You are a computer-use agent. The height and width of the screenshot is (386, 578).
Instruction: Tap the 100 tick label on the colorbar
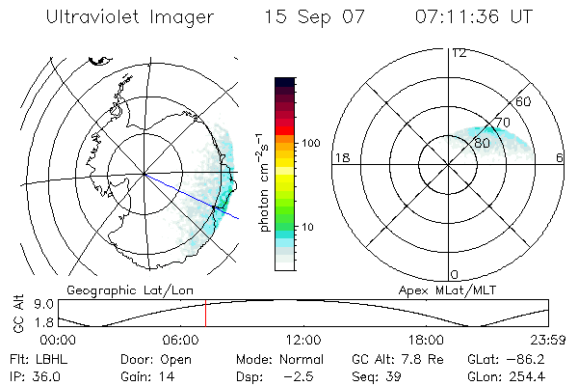310,143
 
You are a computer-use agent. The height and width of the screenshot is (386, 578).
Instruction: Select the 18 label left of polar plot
340,156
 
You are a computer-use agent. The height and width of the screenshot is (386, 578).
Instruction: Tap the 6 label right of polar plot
560,156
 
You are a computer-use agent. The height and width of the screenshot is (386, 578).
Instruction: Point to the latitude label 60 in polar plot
523,101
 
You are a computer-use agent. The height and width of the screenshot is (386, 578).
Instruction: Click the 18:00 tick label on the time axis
426,341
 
